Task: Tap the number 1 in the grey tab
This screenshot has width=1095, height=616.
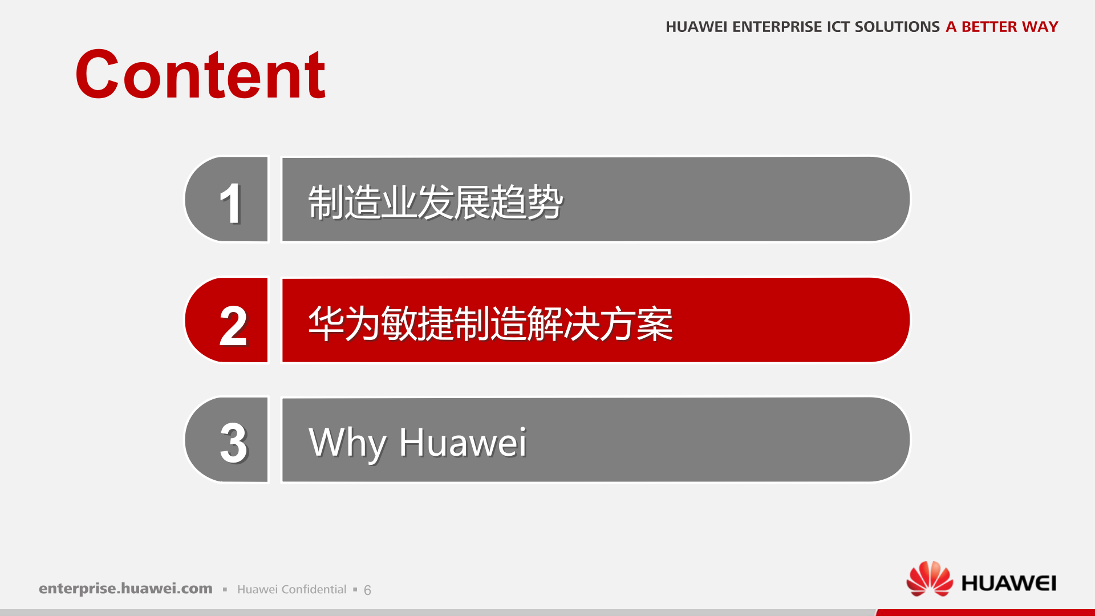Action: point(230,203)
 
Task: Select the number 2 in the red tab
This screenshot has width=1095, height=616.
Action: point(233,326)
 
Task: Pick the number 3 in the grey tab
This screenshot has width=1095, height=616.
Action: point(233,443)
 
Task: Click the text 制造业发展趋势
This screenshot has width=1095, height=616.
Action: point(436,202)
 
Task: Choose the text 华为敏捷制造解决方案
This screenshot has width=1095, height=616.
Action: point(490,323)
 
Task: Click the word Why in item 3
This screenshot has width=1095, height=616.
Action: point(347,443)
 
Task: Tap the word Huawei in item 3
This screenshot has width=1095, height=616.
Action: point(463,443)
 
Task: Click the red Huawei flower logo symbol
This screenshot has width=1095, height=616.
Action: point(929,579)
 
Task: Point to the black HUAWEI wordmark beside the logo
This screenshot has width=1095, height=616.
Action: point(1008,583)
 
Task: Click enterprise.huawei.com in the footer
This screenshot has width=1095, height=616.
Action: point(125,589)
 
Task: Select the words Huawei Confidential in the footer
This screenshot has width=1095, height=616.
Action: point(291,590)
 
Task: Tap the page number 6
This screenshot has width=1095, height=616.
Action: point(367,590)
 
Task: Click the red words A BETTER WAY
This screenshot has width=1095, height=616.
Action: point(1001,27)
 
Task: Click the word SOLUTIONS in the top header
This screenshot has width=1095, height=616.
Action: point(897,27)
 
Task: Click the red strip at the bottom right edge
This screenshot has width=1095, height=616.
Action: point(987,613)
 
